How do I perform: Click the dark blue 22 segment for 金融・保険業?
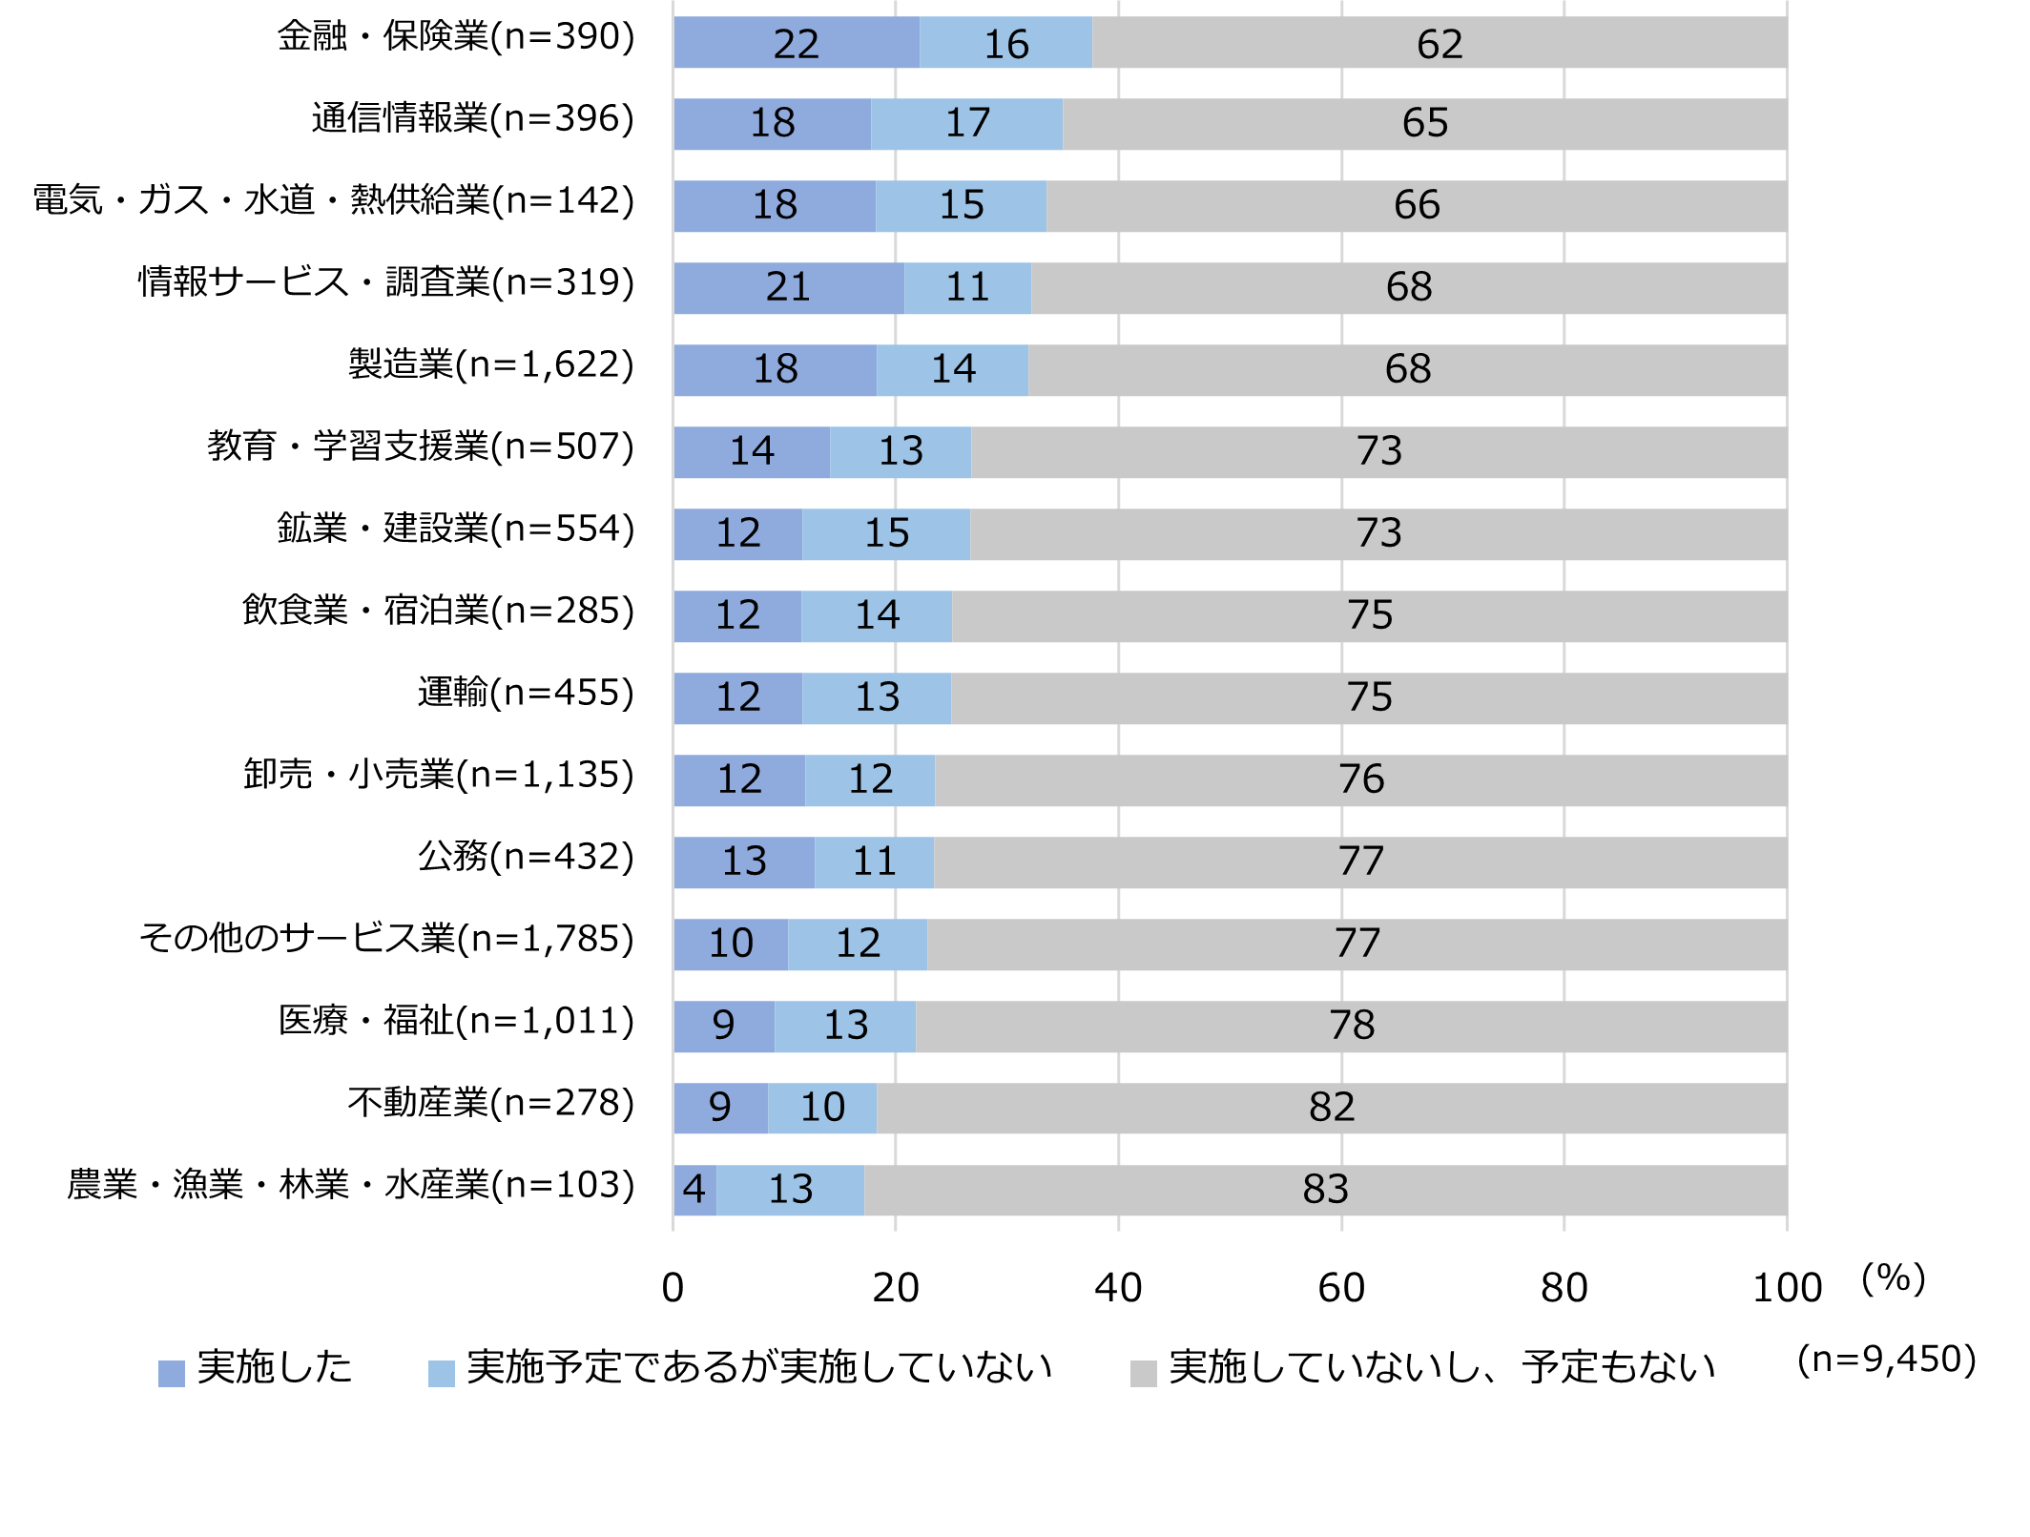797,43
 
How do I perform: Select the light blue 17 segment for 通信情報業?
966,124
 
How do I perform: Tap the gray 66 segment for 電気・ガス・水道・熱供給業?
1417,206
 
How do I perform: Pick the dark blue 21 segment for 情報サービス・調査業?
789,288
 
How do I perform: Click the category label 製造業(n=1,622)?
490,364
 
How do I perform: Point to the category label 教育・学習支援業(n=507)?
421,447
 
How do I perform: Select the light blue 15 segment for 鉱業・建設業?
886,534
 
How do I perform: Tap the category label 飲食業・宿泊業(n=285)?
438,611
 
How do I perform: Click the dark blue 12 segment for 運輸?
738,698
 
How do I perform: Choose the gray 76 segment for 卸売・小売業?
1361,780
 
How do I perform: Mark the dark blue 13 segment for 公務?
744,862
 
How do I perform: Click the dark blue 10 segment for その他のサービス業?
731,945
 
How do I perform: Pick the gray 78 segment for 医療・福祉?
1352,1027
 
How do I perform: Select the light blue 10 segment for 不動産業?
822,1109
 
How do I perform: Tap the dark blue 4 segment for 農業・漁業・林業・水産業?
694,1191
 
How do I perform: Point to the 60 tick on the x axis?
1341,1288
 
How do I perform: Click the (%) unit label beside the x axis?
1894,1278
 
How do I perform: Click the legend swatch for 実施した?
172,1373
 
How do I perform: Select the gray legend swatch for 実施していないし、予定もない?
1143,1373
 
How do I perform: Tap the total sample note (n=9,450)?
1886,1360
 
